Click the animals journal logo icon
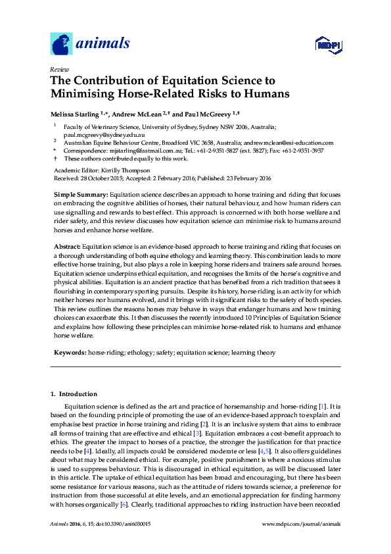62,43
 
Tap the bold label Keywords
69,353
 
